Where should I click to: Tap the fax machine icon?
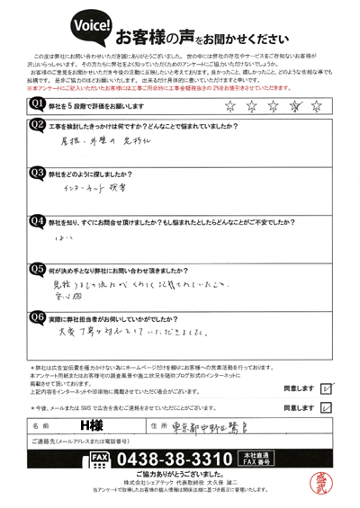tap(99, 460)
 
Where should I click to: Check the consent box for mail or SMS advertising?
tap(326, 406)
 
